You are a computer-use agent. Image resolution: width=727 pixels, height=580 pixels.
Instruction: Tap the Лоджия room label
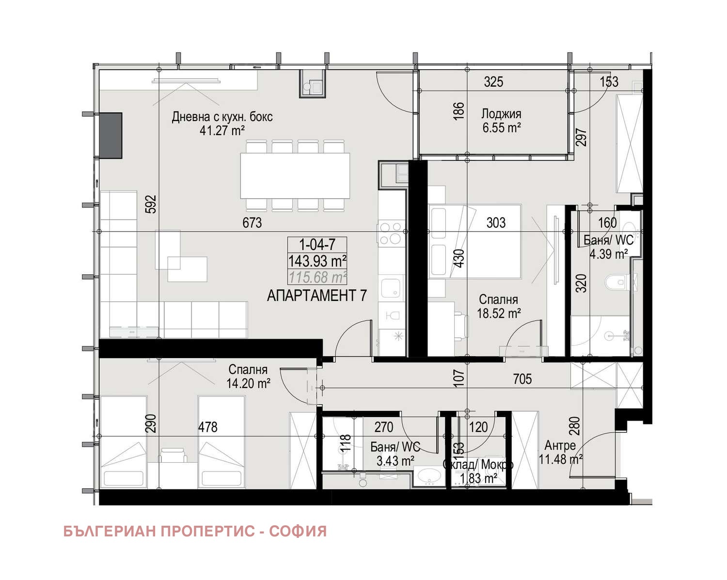[501, 114]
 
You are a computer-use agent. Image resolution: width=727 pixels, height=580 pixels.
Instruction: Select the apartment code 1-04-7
[317, 244]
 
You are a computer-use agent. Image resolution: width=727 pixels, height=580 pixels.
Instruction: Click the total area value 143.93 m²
[317, 261]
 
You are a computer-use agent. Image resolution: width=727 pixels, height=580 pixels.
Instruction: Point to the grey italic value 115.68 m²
[317, 277]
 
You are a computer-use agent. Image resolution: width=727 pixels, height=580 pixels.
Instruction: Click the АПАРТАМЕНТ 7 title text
[317, 295]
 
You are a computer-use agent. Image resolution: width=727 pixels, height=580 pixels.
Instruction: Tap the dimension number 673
[252, 222]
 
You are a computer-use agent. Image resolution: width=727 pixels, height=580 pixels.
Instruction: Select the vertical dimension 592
[151, 204]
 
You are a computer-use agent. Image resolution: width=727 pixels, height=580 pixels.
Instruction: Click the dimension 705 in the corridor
[522, 378]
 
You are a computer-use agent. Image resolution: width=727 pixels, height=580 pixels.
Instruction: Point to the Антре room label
[560, 445]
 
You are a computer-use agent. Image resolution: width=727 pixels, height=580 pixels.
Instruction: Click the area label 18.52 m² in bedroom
[498, 314]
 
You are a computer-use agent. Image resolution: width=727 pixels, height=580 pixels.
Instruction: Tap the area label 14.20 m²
[248, 383]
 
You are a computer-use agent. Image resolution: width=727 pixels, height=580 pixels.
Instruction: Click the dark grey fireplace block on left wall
[111, 135]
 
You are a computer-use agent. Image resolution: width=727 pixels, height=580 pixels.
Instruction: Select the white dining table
[295, 175]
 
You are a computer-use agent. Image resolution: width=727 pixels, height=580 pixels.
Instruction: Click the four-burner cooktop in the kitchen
[391, 233]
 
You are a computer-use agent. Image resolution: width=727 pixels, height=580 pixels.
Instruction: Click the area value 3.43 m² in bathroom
[395, 461]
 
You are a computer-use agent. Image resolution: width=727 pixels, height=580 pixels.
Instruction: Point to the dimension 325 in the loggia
[493, 82]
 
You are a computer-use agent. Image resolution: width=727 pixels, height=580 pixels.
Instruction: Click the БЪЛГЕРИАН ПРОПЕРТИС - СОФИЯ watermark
[195, 531]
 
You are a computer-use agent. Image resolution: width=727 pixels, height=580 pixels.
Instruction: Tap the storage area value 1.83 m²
[478, 478]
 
